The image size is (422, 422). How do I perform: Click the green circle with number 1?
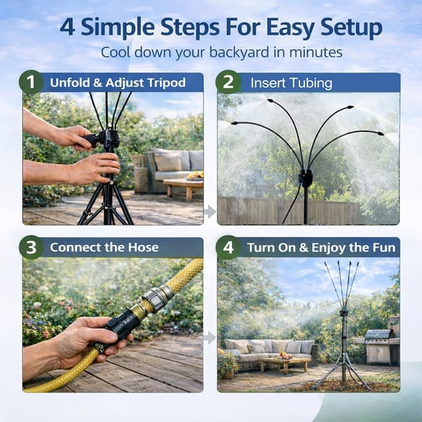31,82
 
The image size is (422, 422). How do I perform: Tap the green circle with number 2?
228,82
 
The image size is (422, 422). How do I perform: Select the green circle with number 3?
31,248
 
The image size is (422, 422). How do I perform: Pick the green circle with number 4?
228,248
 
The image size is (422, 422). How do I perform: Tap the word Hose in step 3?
143,248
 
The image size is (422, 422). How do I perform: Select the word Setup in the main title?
352,27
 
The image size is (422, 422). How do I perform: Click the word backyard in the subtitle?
239,52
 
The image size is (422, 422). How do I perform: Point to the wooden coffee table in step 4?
284,364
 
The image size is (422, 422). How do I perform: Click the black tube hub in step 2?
305,178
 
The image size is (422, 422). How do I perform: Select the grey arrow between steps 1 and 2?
210,212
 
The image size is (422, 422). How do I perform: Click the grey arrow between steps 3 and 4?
210,338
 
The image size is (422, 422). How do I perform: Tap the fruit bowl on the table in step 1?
195,175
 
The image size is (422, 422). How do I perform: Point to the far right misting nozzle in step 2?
380,134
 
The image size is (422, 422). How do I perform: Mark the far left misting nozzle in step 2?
234,123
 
